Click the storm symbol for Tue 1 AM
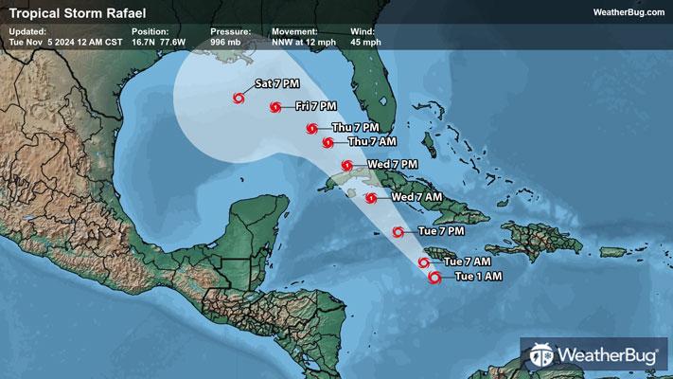click(434, 278)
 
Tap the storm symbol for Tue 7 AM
click(423, 262)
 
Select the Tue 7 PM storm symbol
click(398, 231)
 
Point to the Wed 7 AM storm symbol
click(371, 198)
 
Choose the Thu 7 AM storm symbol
click(328, 143)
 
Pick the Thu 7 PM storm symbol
click(311, 128)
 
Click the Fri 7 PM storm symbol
click(275, 107)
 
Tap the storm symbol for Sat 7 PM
click(238, 97)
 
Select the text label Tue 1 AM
click(478, 277)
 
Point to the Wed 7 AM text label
click(416, 197)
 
